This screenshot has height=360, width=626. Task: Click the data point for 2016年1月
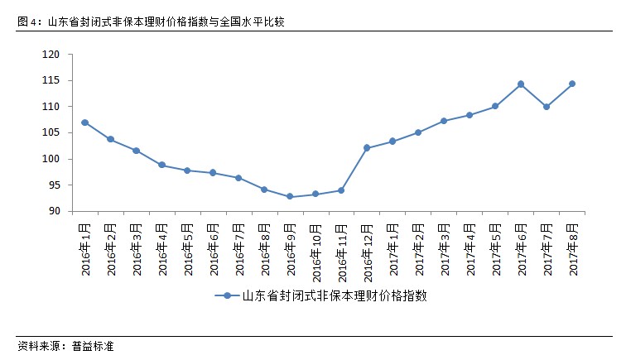point(85,122)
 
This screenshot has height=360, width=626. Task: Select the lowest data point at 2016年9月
point(290,197)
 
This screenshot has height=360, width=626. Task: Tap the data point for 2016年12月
point(367,147)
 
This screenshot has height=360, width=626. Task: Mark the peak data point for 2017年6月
point(521,84)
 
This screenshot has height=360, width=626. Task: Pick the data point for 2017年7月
point(547,107)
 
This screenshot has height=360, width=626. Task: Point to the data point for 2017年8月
point(572,84)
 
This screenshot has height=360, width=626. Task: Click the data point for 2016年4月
point(162,165)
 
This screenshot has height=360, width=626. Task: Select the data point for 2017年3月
point(444,121)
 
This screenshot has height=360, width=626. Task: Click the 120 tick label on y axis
point(52,55)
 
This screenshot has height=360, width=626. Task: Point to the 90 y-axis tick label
point(55,212)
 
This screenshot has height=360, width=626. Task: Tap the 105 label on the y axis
point(52,133)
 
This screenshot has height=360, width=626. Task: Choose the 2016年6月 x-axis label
point(213,248)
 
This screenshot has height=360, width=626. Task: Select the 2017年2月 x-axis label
point(418,248)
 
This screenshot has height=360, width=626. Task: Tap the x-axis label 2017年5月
point(495,248)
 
